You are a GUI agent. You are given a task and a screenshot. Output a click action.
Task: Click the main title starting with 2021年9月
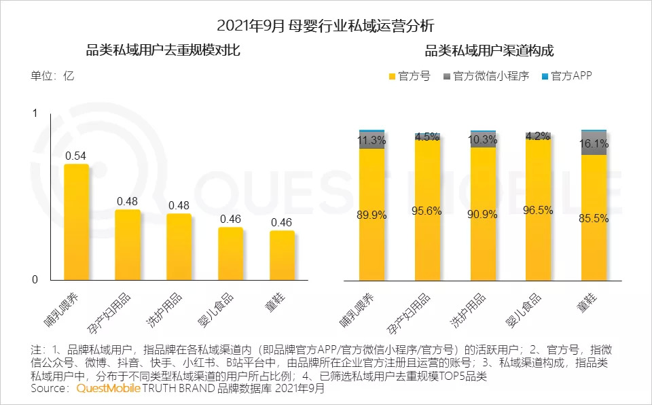[x=325, y=26]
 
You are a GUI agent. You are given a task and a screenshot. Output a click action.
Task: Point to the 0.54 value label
[x=76, y=156]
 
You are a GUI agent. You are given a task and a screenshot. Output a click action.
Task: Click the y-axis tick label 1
[x=35, y=114]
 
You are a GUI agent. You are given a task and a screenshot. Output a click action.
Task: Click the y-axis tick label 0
[x=35, y=280]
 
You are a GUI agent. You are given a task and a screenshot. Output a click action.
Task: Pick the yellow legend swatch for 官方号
[x=391, y=76]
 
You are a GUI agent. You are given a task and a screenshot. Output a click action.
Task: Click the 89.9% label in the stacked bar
[x=372, y=215]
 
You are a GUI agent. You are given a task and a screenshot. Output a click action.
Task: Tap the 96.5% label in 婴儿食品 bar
[x=538, y=211]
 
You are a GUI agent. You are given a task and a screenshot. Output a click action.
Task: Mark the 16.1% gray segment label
[x=594, y=144]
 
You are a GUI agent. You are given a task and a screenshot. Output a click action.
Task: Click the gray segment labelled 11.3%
[x=372, y=141]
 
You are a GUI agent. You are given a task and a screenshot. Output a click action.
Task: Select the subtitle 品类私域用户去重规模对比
[x=163, y=51]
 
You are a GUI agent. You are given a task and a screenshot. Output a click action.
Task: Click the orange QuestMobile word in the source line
[x=109, y=389]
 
